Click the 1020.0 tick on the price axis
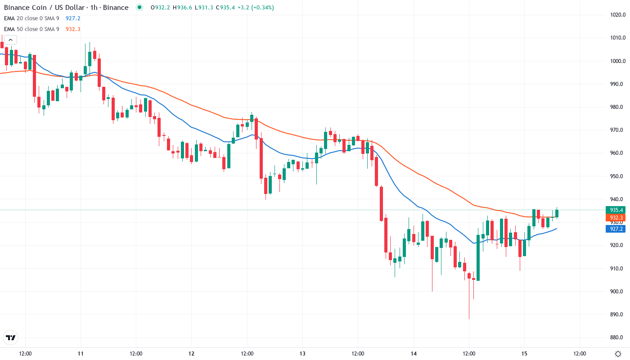[x=616, y=15]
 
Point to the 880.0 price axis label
[x=616, y=337]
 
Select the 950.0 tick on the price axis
[x=616, y=176]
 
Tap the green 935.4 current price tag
[x=616, y=210]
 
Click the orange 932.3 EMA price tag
[x=616, y=218]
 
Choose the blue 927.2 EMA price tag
[x=616, y=229]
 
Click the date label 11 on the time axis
[x=80, y=354]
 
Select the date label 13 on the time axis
[x=302, y=354]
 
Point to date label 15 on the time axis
[x=524, y=354]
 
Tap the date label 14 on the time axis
[x=414, y=354]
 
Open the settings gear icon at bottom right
[x=619, y=354]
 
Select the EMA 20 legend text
[x=31, y=18]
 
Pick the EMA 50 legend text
[x=31, y=29]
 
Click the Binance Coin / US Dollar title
[x=66, y=8]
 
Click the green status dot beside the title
[x=139, y=7]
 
